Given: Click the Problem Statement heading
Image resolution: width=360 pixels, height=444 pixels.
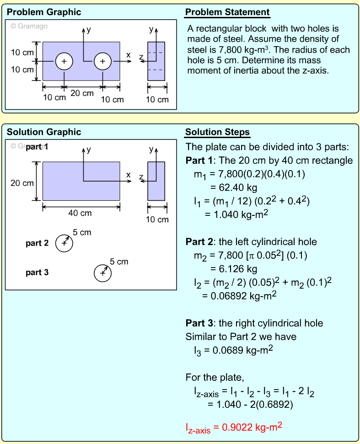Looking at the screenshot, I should pos(227,12).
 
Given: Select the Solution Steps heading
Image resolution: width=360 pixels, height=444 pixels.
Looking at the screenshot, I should pos(217,132).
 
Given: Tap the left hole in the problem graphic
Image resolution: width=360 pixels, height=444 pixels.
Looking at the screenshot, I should pos(64,61).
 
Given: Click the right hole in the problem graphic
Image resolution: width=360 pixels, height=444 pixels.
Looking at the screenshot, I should pos(102,61).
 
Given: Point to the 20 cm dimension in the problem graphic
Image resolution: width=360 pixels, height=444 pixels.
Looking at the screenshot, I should pos(82,93).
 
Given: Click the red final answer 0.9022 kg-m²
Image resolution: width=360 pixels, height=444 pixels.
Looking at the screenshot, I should pos(233,428).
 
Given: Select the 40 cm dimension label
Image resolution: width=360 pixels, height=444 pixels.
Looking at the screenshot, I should pos(80,213).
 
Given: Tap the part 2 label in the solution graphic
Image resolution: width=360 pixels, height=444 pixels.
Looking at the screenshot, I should pos(37,243).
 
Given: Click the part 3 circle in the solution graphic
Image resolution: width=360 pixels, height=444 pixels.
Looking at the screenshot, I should pos(102,273).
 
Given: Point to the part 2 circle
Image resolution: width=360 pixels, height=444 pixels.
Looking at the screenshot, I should pos(64,244).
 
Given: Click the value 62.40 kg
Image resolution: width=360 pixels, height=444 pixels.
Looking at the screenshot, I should pos(233,187).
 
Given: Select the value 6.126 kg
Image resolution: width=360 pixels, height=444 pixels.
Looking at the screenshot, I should pos(233,268).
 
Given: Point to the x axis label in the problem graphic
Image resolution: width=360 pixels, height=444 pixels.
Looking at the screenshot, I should pos(129,55).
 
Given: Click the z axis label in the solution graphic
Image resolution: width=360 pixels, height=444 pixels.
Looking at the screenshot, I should pos(141,177).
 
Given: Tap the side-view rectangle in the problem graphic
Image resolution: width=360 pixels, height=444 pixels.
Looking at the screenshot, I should pos(156,61).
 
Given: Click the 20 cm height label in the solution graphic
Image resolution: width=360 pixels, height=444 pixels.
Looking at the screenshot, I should pos(22,183).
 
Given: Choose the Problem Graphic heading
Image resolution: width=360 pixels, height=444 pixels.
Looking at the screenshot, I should pos(44,12).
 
